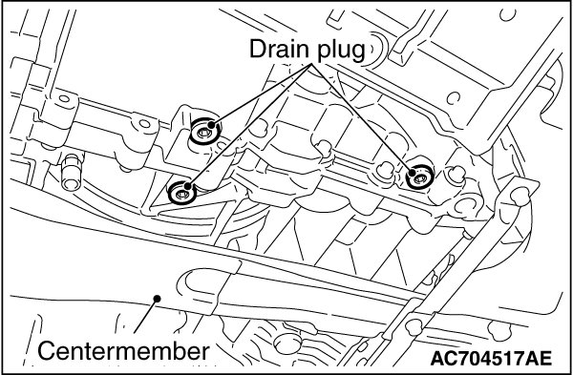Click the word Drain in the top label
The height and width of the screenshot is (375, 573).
tap(280, 49)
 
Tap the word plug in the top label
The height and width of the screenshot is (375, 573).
tap(341, 50)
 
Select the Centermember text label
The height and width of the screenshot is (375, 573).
tap(123, 351)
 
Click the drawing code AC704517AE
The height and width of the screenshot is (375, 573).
tap(491, 358)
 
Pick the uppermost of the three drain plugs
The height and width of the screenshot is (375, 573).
tap(204, 131)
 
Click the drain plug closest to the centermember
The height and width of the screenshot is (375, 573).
tap(182, 193)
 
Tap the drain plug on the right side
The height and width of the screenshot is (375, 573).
tap(420, 177)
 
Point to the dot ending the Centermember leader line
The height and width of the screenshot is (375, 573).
tap(158, 299)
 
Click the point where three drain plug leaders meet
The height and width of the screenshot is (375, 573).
tap(312, 64)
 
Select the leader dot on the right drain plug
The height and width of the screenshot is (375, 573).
tap(413, 172)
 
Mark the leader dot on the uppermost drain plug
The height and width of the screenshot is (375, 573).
tap(211, 125)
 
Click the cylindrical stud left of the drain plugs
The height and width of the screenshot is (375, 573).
tap(72, 172)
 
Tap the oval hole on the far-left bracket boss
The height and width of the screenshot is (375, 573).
tap(64, 98)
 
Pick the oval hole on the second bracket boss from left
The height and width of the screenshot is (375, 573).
tap(145, 123)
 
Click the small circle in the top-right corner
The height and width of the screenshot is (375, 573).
tap(507, 14)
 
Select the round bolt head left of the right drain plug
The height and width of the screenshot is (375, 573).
tap(385, 171)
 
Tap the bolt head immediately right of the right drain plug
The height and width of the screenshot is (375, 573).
tap(456, 175)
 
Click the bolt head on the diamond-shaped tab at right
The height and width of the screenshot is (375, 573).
tap(520, 196)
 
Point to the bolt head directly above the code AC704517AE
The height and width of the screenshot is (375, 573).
tap(499, 330)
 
